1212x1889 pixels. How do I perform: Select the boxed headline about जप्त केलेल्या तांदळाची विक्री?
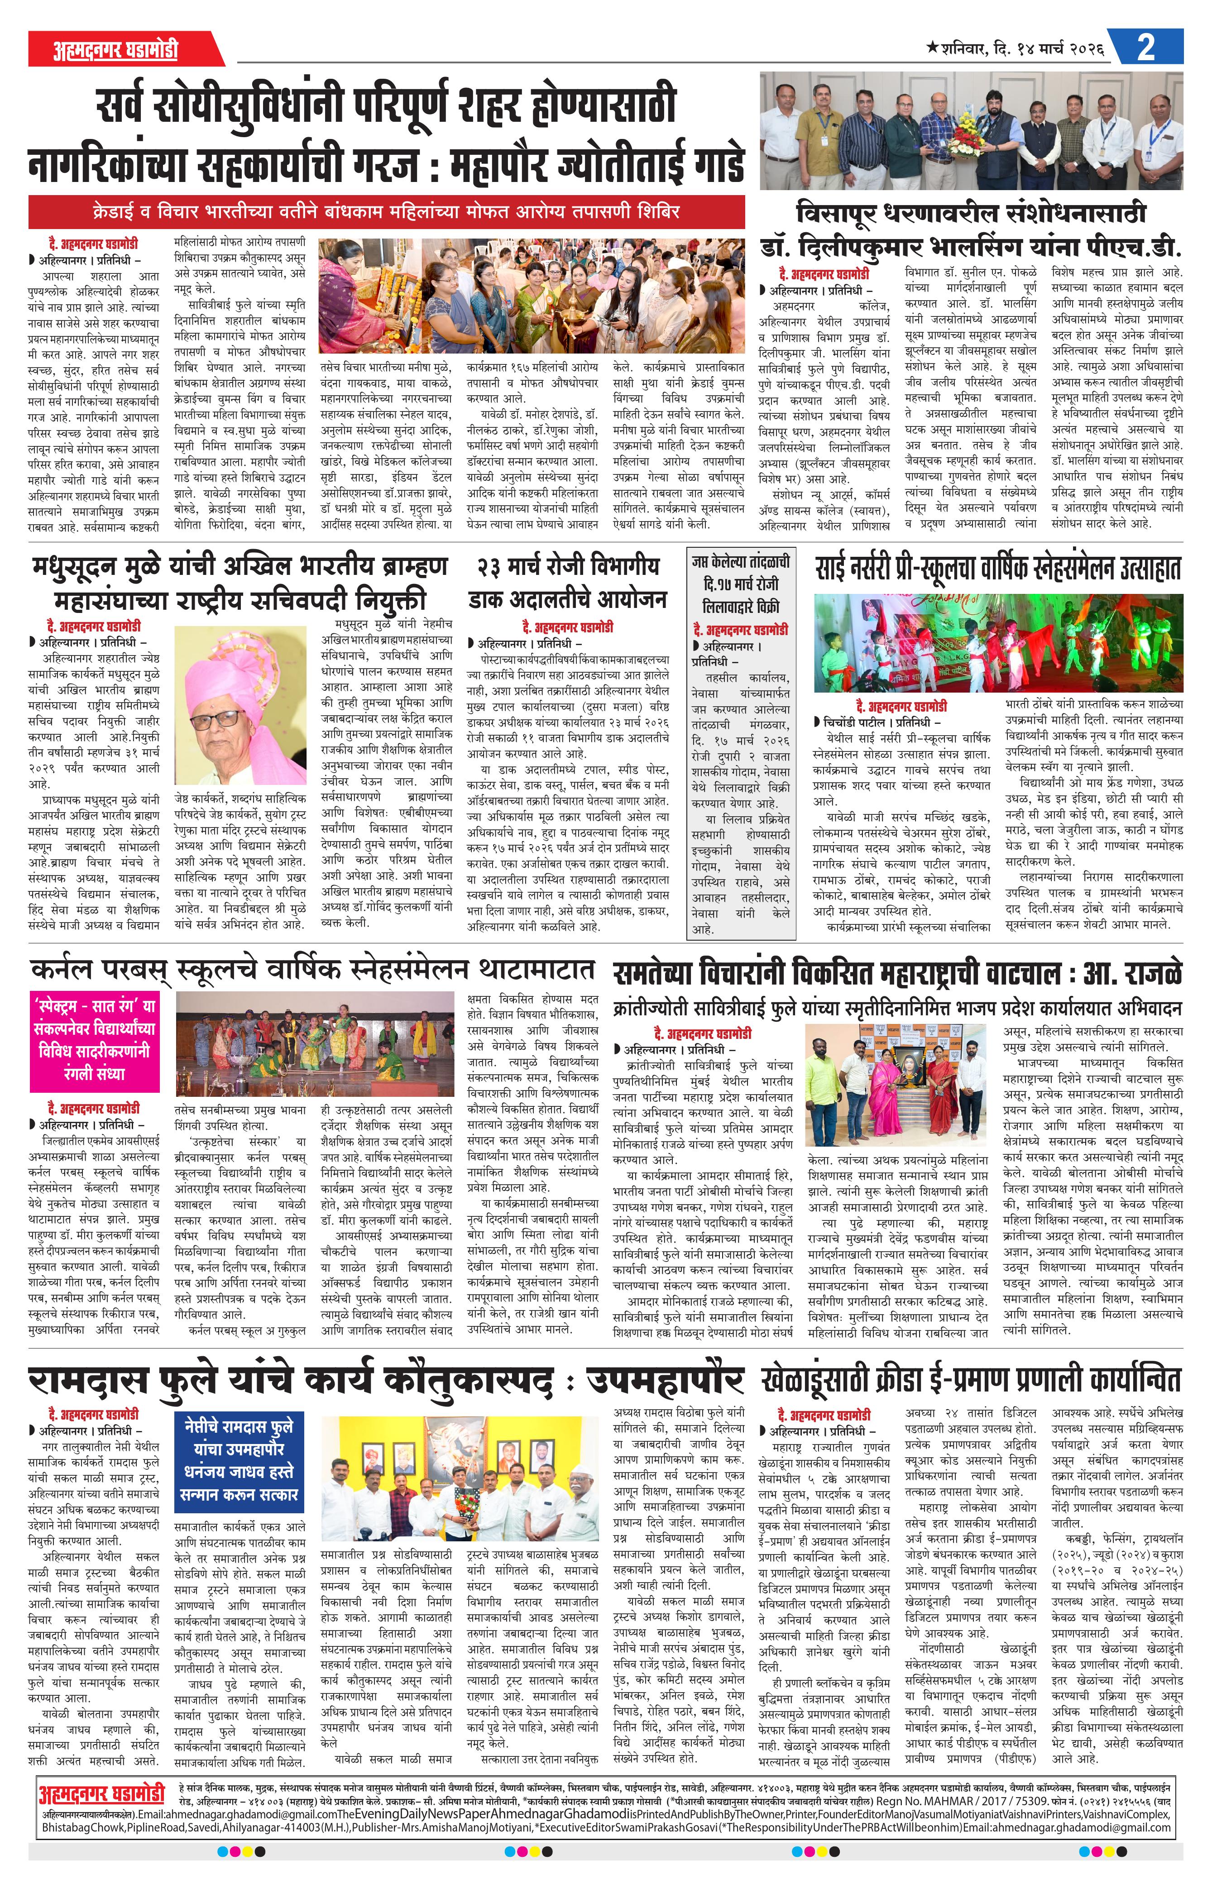pos(740,584)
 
